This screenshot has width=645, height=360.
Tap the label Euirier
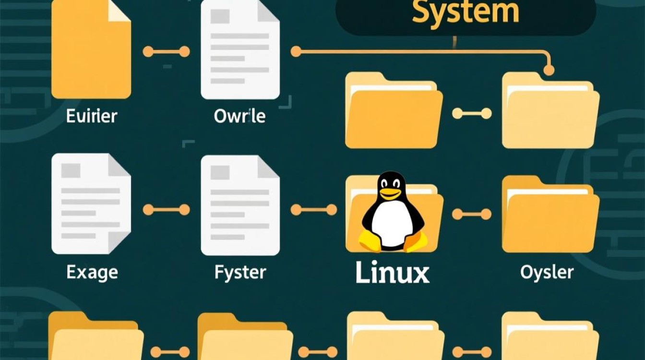(x=91, y=116)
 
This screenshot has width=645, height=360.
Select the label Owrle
(x=240, y=116)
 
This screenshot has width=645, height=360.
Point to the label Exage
(x=92, y=273)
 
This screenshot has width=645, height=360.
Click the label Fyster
(x=239, y=273)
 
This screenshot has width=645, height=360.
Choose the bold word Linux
(x=392, y=273)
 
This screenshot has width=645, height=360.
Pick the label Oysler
(x=547, y=273)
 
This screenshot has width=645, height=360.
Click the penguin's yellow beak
(x=390, y=193)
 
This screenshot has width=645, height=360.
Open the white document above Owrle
(x=240, y=50)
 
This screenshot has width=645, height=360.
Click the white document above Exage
(x=91, y=204)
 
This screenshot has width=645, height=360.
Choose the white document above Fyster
(x=240, y=204)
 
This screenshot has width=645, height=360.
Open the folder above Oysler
(x=550, y=215)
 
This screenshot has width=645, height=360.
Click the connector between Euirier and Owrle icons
(x=166, y=51)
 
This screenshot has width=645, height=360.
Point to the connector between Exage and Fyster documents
(x=166, y=209)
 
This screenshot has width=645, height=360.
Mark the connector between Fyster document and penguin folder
(x=314, y=209)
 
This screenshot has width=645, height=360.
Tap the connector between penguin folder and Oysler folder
(x=472, y=214)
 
